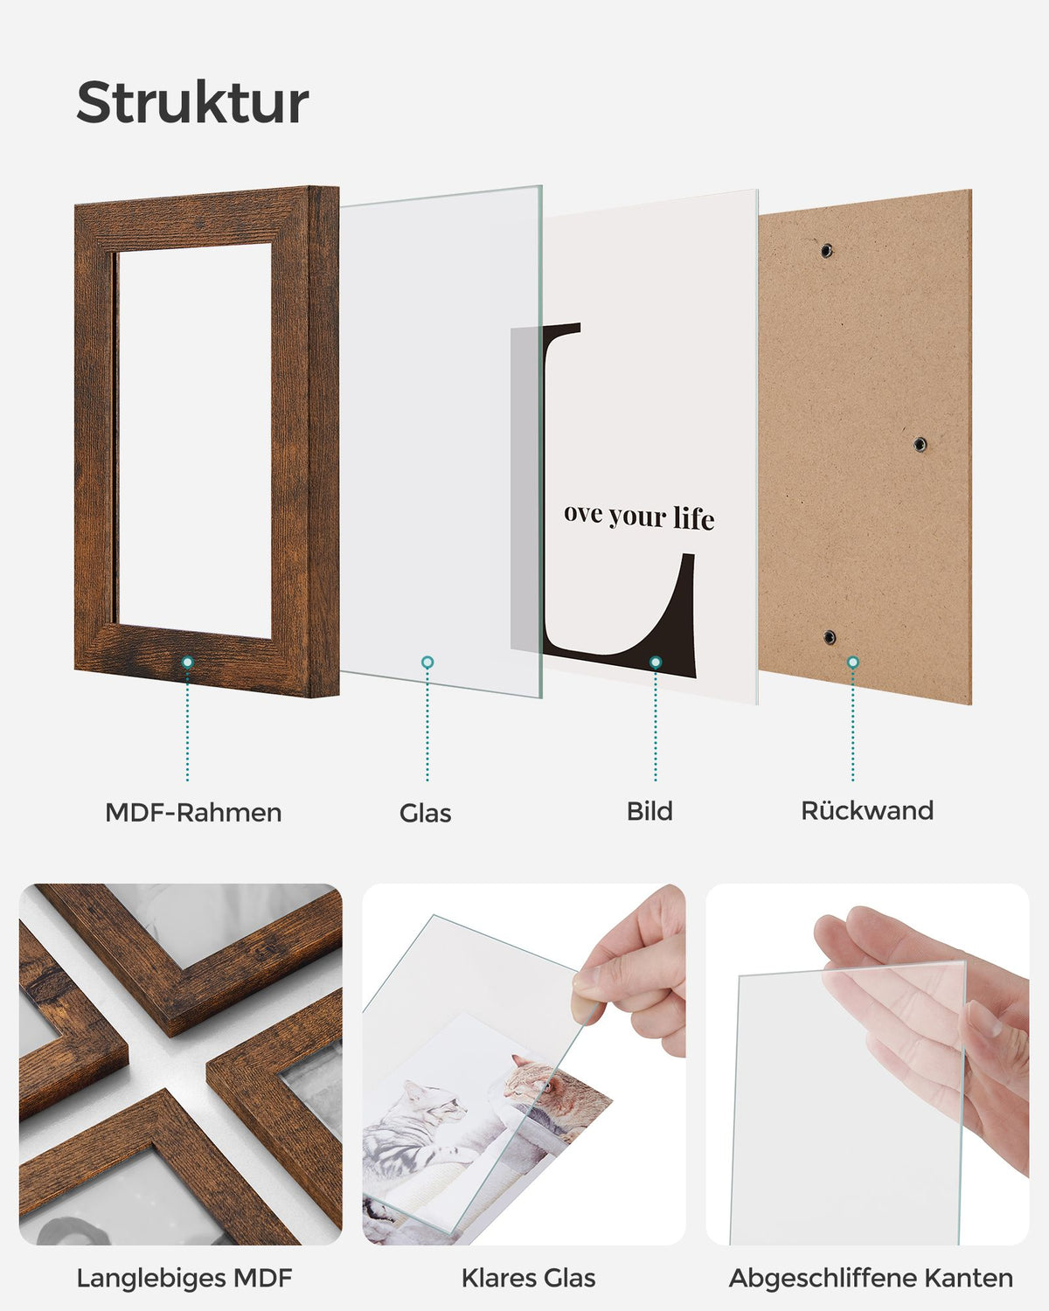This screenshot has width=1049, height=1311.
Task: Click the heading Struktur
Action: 192,101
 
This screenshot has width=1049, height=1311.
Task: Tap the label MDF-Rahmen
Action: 193,813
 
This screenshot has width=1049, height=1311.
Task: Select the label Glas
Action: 426,814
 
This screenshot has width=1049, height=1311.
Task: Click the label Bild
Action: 650,811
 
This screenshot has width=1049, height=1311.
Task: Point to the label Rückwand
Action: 867,811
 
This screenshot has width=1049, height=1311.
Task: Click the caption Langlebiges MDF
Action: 184,1278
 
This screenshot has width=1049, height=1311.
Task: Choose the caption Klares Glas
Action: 529,1278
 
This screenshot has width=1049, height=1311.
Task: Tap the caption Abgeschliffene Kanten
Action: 871,1278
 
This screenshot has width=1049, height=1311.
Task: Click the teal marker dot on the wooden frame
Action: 188,662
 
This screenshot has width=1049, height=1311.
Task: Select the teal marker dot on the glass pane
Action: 427,662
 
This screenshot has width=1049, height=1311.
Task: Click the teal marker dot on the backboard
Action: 853,662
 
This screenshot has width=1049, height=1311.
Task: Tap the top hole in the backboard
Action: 826,250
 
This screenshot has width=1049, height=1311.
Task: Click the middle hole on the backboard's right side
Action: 920,444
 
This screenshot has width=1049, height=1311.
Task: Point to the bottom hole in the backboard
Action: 830,638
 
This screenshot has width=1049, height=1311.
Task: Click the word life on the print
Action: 693,518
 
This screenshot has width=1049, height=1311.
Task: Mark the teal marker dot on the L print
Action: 656,662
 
